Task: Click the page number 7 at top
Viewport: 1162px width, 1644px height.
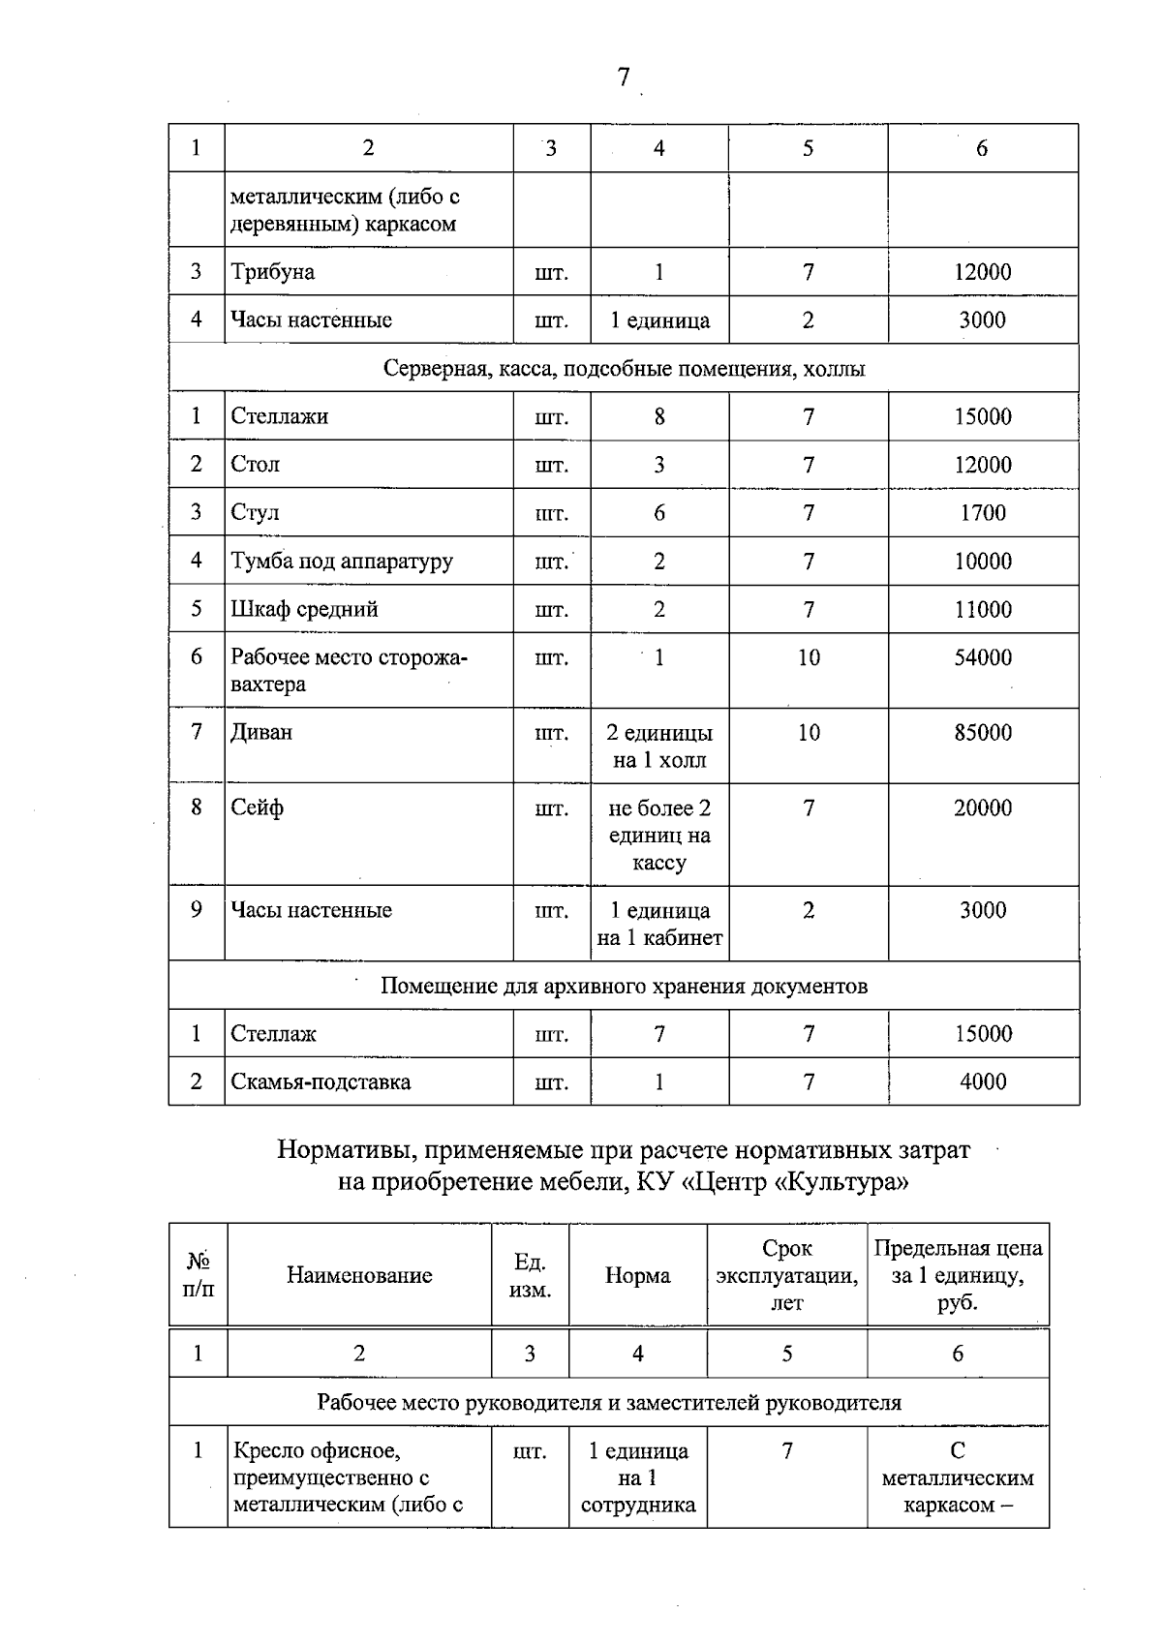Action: tap(624, 77)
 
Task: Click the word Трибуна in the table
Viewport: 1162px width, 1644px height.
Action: tap(273, 272)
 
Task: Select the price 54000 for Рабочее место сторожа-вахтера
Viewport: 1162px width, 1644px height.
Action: tap(982, 658)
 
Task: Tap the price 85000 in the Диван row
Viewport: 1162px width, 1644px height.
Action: tap(982, 733)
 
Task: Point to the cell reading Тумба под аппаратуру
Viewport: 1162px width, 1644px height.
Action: tap(342, 562)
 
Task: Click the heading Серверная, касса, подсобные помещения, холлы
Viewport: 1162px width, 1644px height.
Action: tap(624, 369)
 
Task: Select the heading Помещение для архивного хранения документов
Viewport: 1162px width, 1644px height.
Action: tap(624, 987)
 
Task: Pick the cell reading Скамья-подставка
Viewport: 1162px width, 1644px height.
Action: tap(321, 1082)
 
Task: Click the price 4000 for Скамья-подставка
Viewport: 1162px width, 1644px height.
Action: tap(982, 1082)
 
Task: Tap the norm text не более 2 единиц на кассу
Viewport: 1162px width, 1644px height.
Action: tap(659, 836)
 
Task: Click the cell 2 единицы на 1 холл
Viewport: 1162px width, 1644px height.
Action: tap(659, 746)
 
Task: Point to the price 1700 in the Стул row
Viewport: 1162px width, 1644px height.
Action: tap(982, 513)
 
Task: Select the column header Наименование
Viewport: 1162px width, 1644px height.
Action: tap(359, 1276)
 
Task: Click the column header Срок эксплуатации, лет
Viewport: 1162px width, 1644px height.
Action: tap(786, 1276)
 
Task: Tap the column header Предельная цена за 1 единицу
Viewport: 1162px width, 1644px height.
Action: tap(958, 1276)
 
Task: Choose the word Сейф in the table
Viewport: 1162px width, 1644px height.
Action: tap(258, 808)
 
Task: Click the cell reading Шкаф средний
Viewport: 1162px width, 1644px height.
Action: tap(304, 610)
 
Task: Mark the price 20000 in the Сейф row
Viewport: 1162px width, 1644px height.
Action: tap(982, 808)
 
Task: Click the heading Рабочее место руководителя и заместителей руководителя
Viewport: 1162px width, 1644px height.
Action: tap(609, 1403)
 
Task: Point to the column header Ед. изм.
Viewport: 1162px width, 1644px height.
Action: tap(530, 1276)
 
